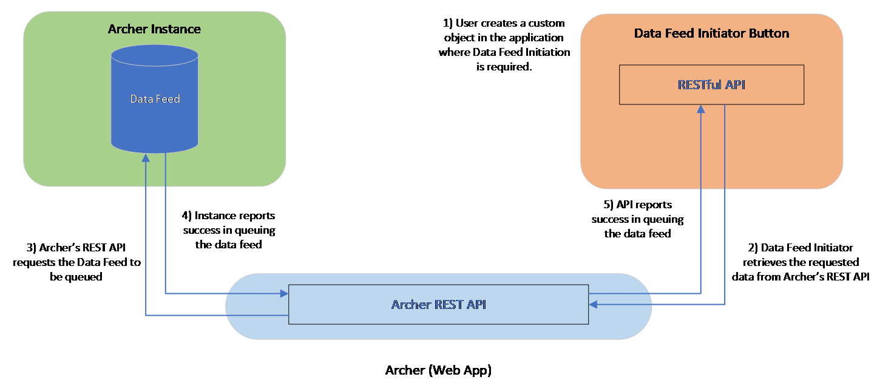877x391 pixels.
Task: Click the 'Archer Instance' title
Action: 154,29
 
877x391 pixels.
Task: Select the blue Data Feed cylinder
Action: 155,99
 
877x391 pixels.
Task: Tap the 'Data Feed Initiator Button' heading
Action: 711,33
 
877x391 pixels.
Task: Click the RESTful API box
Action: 711,84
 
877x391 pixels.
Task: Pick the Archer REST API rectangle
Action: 438,304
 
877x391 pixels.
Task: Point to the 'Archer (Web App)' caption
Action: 438,370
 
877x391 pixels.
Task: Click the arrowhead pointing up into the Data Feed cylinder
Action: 146,157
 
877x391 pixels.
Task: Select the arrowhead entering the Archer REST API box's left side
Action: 284,293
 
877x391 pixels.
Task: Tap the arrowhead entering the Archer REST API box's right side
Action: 593,304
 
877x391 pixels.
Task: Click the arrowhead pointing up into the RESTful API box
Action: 701,109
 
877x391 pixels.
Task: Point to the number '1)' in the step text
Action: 448,23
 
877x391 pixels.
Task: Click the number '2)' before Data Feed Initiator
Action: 753,248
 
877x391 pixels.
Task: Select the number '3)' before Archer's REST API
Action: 32,248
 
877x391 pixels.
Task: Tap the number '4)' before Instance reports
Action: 187,216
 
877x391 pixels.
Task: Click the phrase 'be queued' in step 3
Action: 76,277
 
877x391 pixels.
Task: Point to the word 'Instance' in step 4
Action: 214,216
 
